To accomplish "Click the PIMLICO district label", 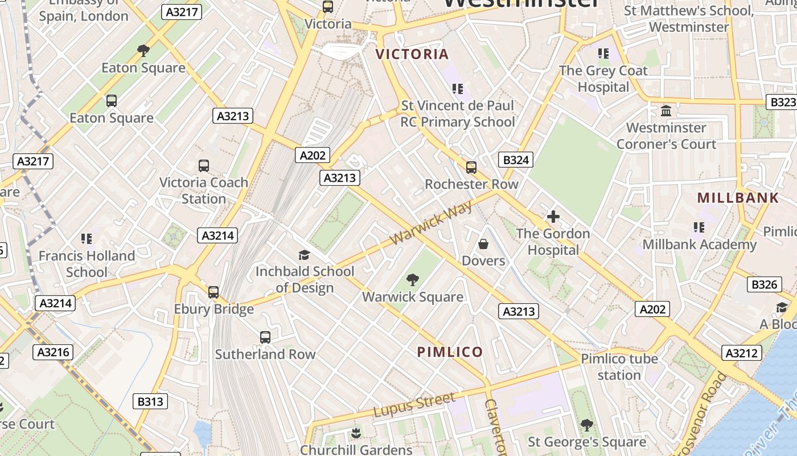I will point(450,352).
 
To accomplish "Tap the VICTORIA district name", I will point(413,55).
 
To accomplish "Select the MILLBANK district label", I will point(738,198).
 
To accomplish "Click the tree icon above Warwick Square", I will point(413,280).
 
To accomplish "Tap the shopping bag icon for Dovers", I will point(483,244).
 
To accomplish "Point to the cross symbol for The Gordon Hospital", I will point(553,217).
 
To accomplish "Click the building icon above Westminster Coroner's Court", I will point(666,111).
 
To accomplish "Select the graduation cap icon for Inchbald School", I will point(305,255).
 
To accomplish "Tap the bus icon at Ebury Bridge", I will point(213,292).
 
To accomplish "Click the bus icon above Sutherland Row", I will point(265,337).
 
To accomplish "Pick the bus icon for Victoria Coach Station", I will point(204,166).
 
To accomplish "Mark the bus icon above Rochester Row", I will point(471,168).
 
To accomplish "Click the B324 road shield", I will point(516,160).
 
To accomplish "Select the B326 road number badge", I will point(764,284).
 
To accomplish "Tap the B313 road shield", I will point(150,402).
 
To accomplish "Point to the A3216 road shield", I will point(54,352).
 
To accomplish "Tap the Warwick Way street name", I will point(432,223).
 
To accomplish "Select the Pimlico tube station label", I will point(619,367).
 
